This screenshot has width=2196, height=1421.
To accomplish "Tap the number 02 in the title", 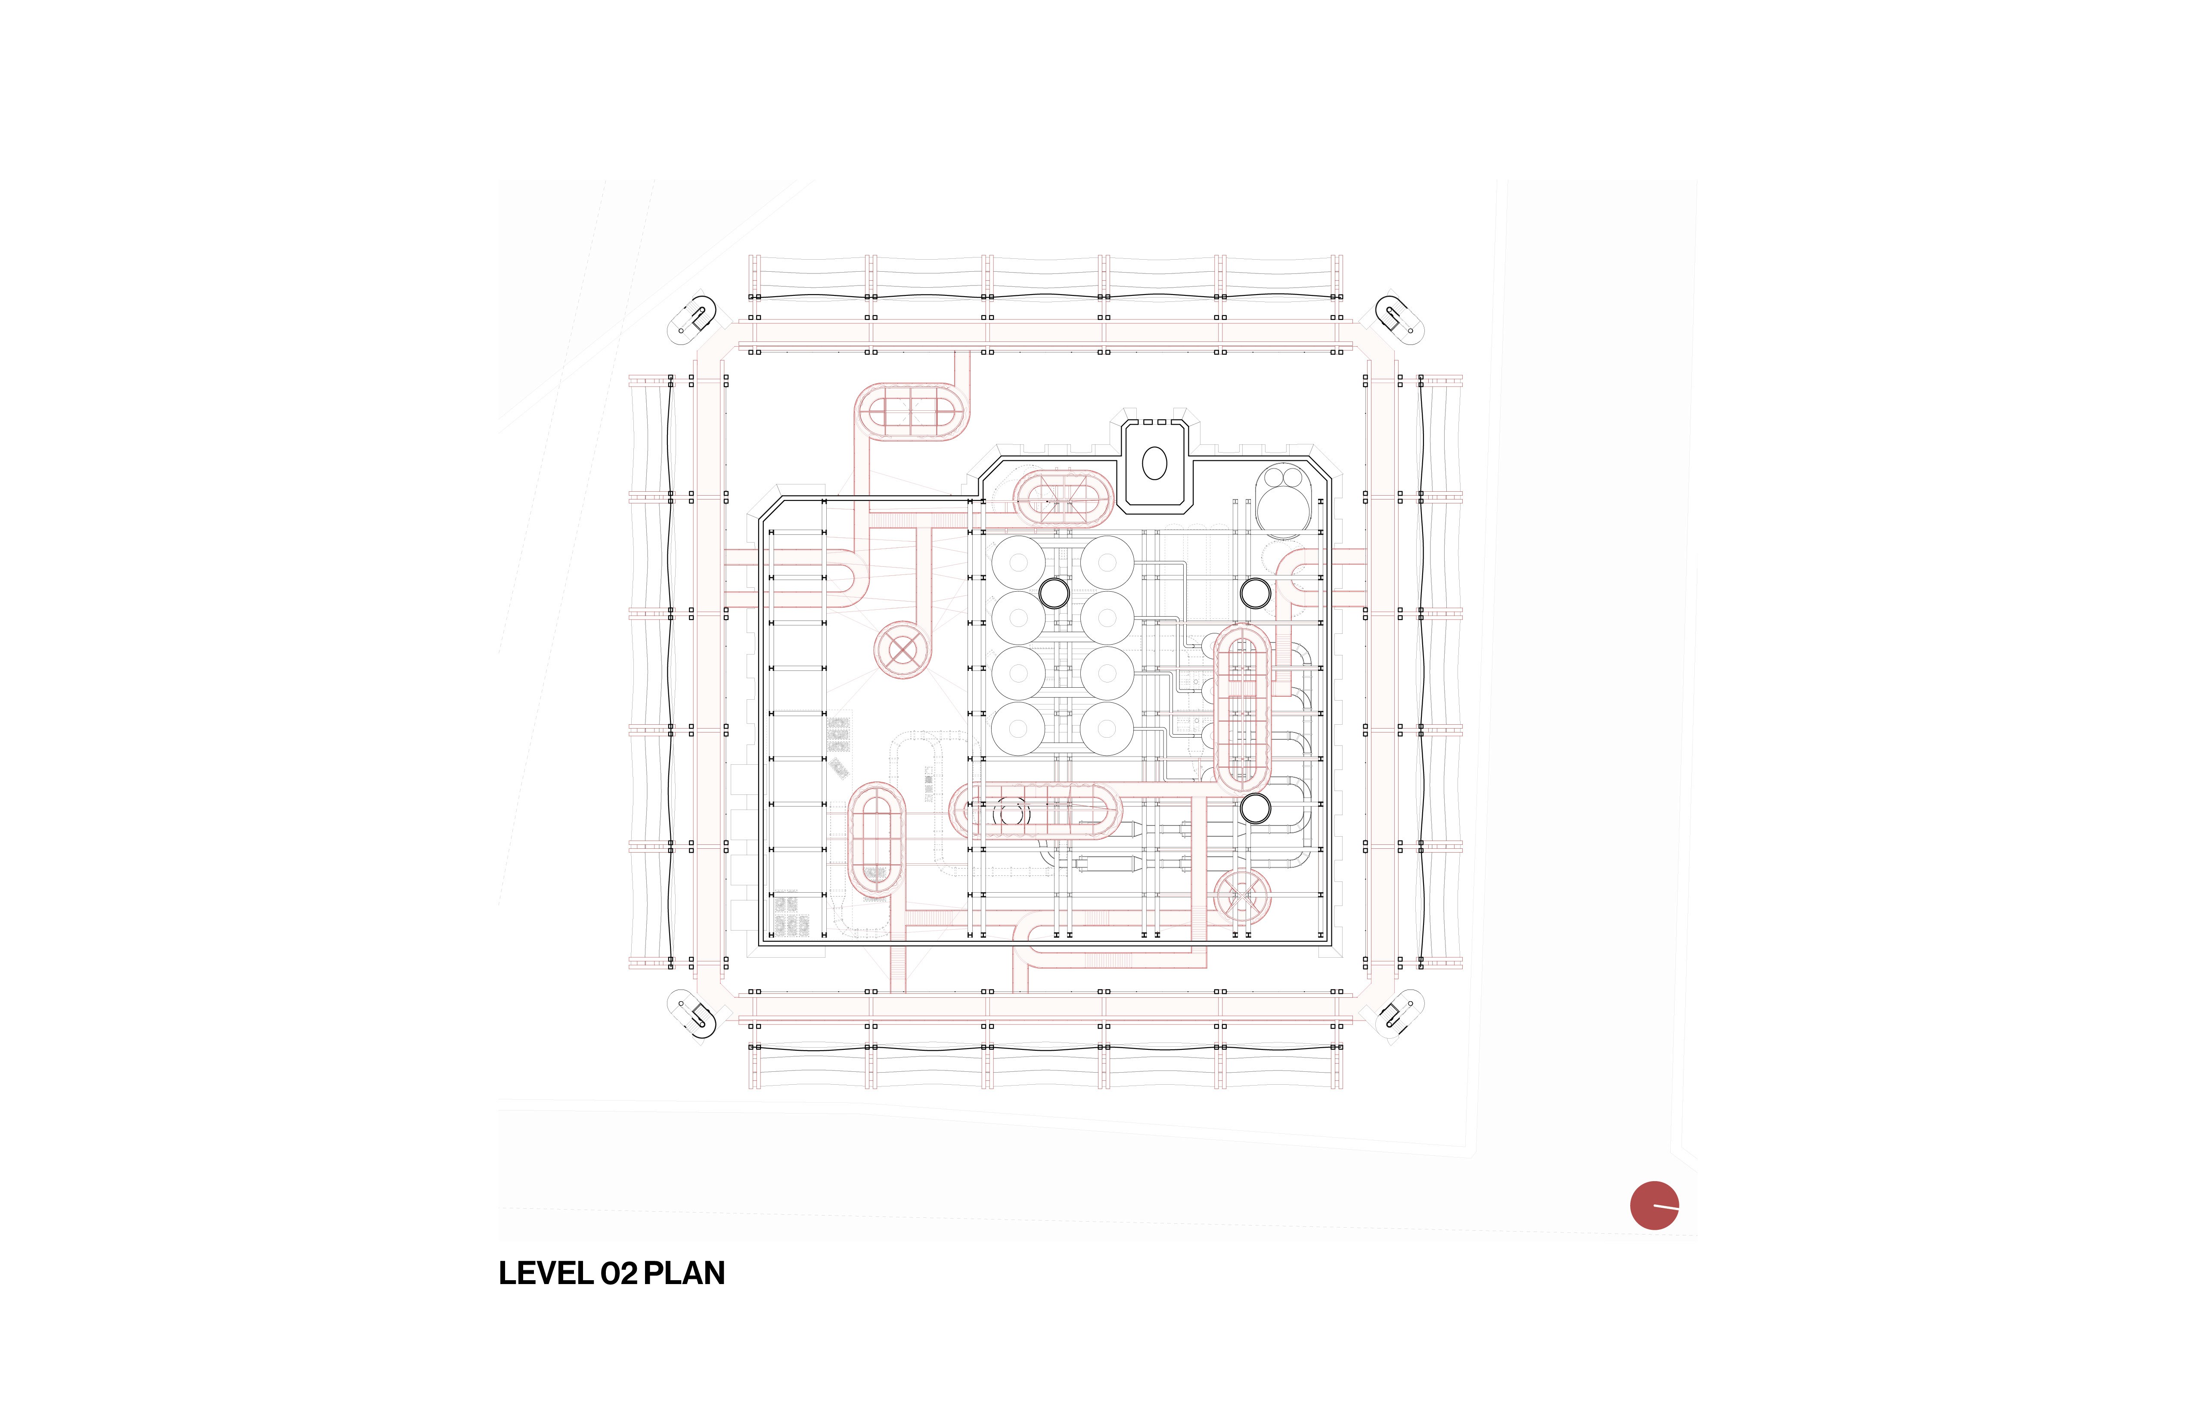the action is click(618, 1273).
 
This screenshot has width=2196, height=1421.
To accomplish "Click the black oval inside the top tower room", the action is click(1154, 463).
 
